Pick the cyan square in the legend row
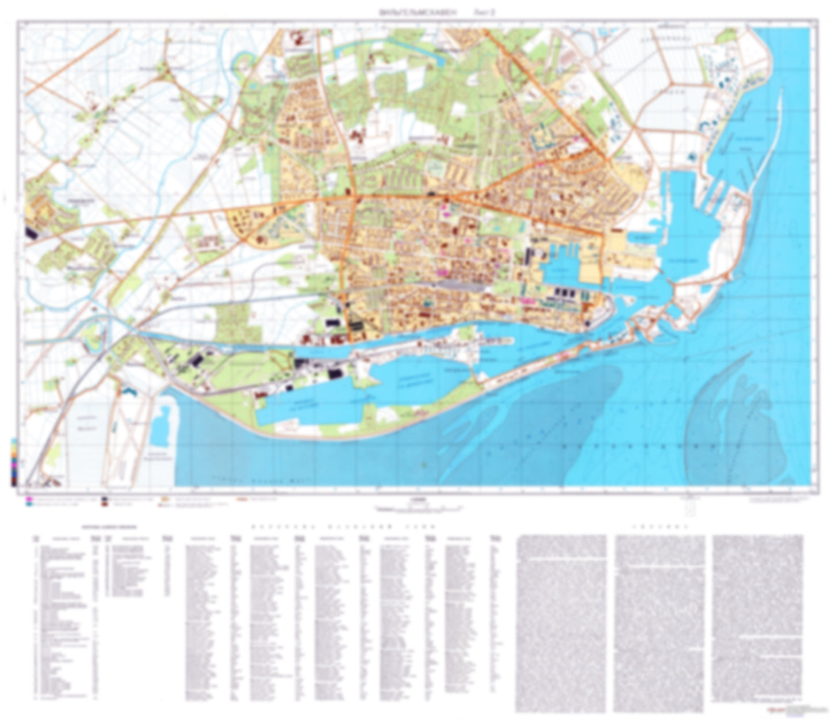click(28, 503)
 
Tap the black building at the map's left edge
click(30, 232)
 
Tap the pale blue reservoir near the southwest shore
click(163, 426)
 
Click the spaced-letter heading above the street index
click(343, 527)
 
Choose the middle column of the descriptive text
click(659, 622)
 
